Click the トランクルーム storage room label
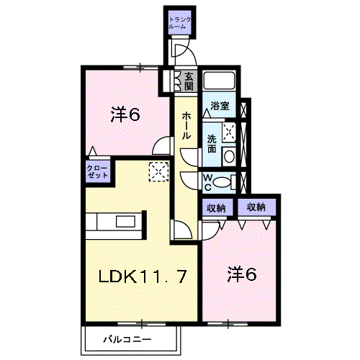point(180,23)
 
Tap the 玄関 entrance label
point(189,81)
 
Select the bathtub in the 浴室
point(219,81)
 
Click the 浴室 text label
point(220,106)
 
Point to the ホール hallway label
point(186,126)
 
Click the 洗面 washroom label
point(212,144)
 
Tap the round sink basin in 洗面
point(230,156)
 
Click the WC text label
point(208,182)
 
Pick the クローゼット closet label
point(98,171)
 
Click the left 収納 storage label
point(217,208)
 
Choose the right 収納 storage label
point(256,207)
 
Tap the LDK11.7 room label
point(143,276)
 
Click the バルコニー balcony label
point(127,340)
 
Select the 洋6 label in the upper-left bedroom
point(125,115)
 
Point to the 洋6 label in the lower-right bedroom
point(242,274)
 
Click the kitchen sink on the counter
point(125,221)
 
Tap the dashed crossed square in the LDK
point(158,171)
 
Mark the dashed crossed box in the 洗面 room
point(229,132)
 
